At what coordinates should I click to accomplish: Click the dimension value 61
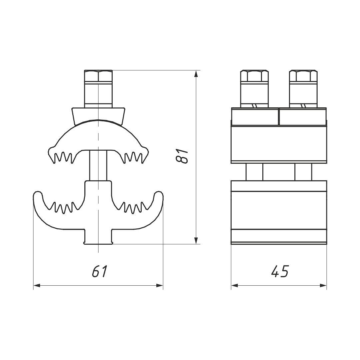(100, 271)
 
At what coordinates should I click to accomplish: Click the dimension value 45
(280, 271)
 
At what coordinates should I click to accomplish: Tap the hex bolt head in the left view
(98, 76)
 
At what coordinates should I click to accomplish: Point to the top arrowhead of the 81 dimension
(196, 74)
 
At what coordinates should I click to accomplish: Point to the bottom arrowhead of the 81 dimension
(196, 240)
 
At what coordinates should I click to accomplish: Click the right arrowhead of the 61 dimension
(159, 285)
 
